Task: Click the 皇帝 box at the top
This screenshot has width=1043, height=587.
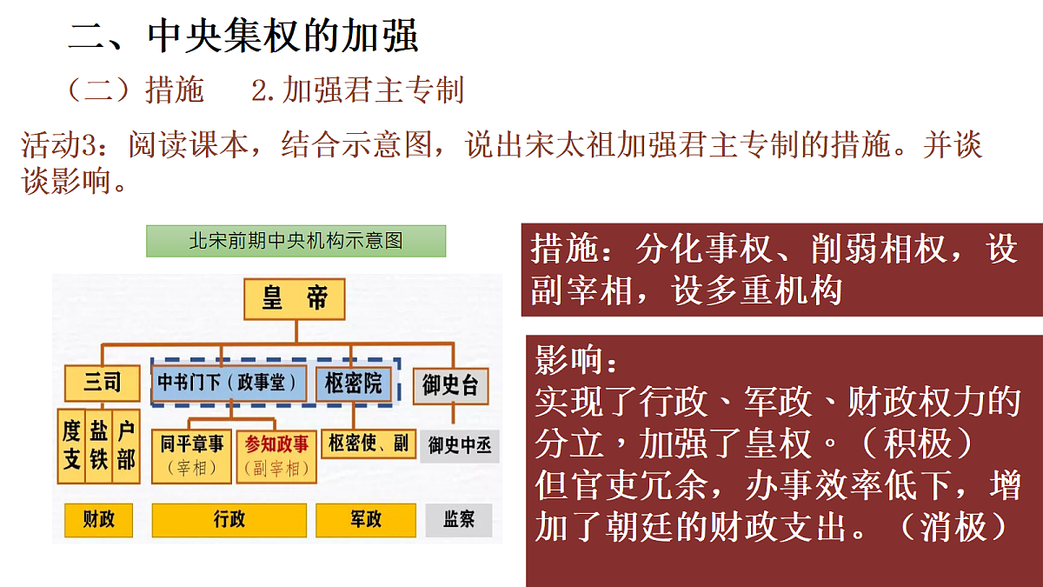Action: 295,299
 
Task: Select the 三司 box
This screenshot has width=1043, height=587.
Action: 102,384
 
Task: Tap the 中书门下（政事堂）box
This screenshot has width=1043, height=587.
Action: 229,383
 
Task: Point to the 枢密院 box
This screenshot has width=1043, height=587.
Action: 354,384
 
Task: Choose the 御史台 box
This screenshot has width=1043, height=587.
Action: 451,386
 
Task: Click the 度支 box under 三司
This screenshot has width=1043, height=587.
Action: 71,446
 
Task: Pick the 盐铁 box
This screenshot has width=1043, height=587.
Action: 99,446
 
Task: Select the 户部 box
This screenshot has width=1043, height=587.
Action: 126,446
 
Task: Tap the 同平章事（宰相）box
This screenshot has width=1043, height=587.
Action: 191,456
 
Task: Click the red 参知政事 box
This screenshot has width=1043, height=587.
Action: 276,457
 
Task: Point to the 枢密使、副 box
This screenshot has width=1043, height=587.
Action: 369,444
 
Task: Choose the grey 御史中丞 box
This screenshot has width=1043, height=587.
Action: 460,446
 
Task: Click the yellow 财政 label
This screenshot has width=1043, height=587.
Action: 98,520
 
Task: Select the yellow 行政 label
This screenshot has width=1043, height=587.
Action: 229,520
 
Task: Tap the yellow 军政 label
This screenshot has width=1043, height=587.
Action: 366,520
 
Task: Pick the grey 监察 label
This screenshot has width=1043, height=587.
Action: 459,520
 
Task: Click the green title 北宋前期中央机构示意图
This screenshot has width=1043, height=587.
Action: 296,241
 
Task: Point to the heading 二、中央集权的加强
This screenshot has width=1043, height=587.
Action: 243,36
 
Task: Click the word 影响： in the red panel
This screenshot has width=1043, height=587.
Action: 576,360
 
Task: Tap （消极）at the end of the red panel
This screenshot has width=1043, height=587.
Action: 954,527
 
